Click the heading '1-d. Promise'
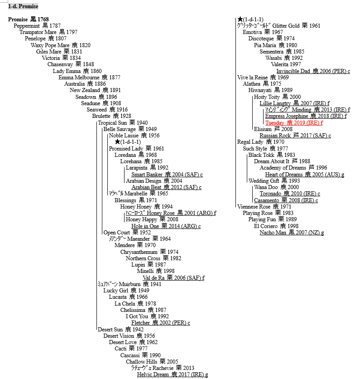coord(23,6)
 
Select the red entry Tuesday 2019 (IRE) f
coord(294,123)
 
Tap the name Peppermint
coord(27,26)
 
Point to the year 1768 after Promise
coord(43,19)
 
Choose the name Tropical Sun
coord(112,123)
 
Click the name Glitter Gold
coord(286,26)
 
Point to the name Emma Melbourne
coord(79,78)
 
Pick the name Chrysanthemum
coord(139,252)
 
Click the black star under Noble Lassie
coord(118,141)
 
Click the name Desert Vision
coord(119,336)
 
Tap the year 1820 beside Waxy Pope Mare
coord(85,45)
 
